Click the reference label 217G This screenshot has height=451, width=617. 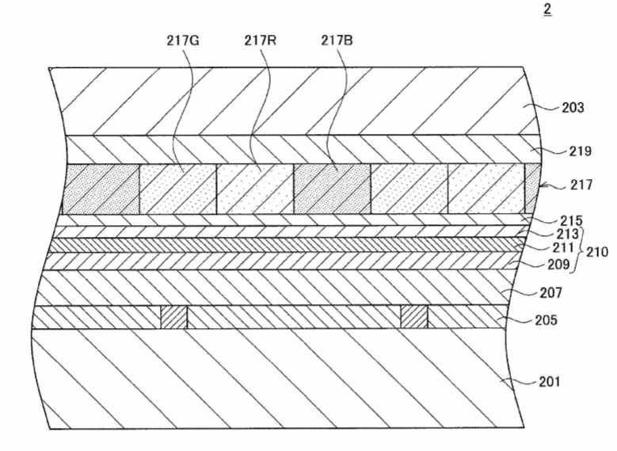pos(183,41)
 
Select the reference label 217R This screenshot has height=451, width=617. pos(260,40)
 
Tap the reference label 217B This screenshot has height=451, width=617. pos(337,40)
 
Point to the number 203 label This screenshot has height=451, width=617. pos(573,108)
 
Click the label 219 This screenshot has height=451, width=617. pos(580,151)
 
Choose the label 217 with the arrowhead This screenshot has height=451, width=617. pos(581,185)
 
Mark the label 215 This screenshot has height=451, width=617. pos(571,220)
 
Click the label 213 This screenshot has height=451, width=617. pos(567,234)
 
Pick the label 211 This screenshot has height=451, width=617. pos(562,248)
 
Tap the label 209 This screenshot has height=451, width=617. pos(558,264)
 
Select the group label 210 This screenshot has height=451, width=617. pos(597,251)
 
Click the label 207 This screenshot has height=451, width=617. pos(550,292)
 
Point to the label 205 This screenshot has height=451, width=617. pos(546,320)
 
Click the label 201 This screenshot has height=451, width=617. pos(550,381)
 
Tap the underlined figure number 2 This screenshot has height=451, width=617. pos(547,10)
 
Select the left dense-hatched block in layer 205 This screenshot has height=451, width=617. pos(173,317)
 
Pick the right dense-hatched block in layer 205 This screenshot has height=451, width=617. pos(414,317)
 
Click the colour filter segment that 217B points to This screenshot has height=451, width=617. pos(332,189)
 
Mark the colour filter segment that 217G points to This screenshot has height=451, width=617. pos(178,189)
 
